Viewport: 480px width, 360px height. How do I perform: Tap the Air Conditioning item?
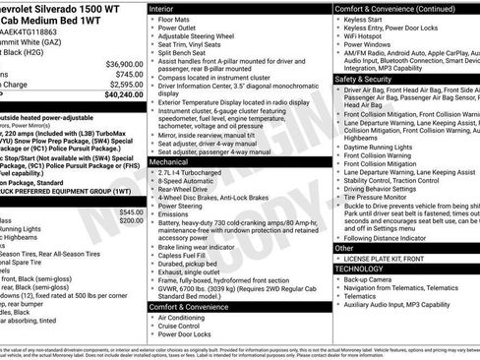point(185,318)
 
